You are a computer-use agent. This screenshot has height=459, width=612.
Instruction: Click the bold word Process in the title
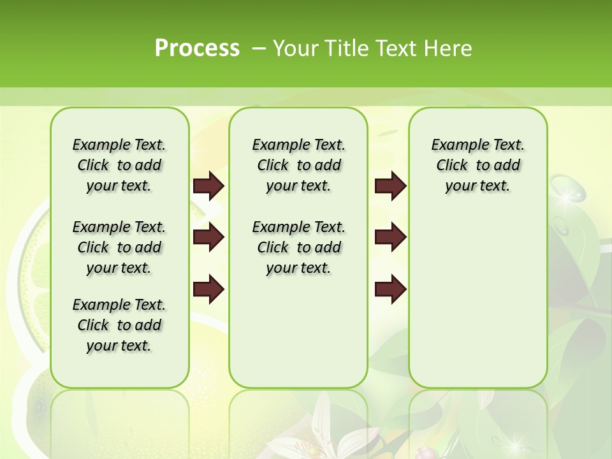click(197, 48)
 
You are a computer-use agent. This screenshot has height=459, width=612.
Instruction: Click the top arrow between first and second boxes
click(208, 186)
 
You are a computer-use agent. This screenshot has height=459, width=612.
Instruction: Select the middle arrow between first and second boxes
click(208, 238)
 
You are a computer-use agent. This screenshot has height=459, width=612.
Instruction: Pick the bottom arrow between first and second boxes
click(208, 289)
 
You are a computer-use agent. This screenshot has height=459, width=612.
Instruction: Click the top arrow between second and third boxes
click(391, 186)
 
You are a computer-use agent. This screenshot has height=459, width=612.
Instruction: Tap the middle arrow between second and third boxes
click(391, 238)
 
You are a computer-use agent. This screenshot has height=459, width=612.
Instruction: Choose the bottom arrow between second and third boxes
click(391, 289)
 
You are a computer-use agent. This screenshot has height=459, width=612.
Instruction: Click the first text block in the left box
click(119, 165)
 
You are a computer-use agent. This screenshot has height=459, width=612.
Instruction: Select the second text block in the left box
click(119, 247)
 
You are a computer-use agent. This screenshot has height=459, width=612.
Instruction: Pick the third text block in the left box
click(119, 325)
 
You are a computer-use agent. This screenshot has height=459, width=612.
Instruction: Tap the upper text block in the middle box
click(298, 165)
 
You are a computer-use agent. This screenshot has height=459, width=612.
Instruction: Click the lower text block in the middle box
click(298, 247)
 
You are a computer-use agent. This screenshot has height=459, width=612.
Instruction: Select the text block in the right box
click(477, 165)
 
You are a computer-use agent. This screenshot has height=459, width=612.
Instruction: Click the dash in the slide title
click(259, 48)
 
